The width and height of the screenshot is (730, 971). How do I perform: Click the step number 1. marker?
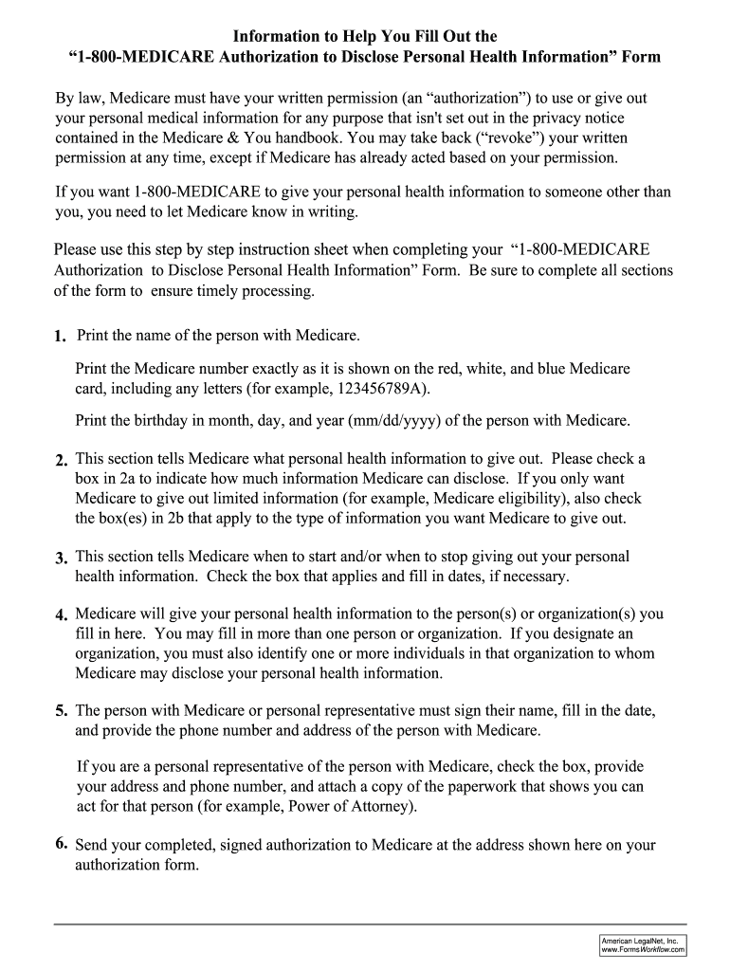pos(61,337)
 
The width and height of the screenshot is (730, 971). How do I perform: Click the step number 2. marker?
pos(61,460)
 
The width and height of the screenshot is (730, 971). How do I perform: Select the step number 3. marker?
pos(61,558)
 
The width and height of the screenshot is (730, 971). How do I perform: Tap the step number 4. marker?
pos(61,614)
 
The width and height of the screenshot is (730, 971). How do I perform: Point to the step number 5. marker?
pos(61,710)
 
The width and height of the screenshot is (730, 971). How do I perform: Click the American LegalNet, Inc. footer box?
pos(643,944)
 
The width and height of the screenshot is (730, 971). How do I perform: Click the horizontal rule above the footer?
pos(371,924)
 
